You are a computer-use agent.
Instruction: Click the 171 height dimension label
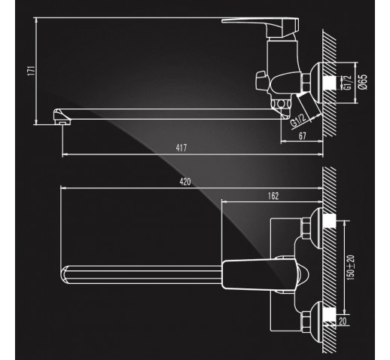(x=32, y=71)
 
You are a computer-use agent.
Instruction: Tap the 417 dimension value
(x=181, y=148)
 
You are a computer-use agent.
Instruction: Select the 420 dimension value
(x=185, y=182)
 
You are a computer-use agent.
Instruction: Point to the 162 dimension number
(x=273, y=196)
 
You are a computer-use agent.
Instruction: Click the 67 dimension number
(x=303, y=136)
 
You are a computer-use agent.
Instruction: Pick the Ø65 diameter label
(x=363, y=82)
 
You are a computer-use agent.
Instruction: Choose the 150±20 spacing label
(x=351, y=267)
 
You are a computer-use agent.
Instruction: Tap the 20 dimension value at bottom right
(x=343, y=321)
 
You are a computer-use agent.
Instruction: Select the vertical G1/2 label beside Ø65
(x=348, y=83)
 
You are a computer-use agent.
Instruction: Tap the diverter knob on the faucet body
(x=262, y=81)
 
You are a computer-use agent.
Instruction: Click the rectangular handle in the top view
(x=260, y=275)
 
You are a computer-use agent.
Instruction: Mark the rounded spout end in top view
(x=64, y=275)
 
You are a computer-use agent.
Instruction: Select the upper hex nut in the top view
(x=306, y=228)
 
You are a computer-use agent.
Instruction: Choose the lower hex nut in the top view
(x=306, y=322)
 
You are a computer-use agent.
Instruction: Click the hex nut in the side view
(x=306, y=82)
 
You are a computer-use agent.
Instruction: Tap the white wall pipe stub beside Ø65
(x=330, y=83)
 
